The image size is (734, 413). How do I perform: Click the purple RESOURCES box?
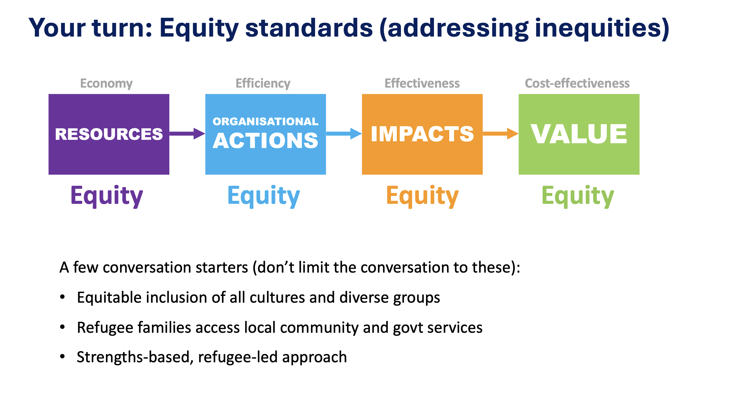pyautogui.click(x=109, y=134)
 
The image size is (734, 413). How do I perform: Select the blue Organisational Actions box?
pyautogui.click(x=266, y=134)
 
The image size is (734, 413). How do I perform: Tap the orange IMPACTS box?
pyautogui.click(x=422, y=134)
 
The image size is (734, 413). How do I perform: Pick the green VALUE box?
pyautogui.click(x=579, y=134)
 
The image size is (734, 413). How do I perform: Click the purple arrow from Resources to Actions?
pyautogui.click(x=187, y=134)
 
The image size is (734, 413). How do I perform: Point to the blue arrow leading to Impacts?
pyautogui.click(x=344, y=134)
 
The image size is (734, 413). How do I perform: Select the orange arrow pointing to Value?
pyautogui.click(x=501, y=134)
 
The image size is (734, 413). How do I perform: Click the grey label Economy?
pyautogui.click(x=107, y=84)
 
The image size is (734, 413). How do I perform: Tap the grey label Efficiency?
pyautogui.click(x=263, y=84)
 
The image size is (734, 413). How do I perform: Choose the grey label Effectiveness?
pyautogui.click(x=422, y=83)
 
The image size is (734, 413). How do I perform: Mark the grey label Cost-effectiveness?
pyautogui.click(x=577, y=83)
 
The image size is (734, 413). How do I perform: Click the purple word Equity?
pyautogui.click(x=107, y=196)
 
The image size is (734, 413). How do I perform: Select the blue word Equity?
pyautogui.click(x=264, y=196)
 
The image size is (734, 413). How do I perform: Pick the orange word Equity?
pyautogui.click(x=422, y=196)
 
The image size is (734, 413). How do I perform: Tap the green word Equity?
pyautogui.click(x=578, y=196)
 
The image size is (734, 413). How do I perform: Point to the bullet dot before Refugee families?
pyautogui.click(x=62, y=327)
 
